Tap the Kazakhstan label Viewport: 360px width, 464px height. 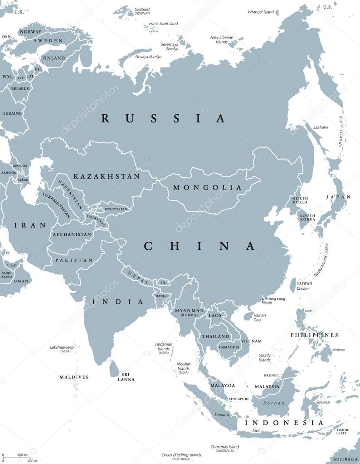(x=107, y=176)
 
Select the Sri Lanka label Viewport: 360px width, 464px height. (x=126, y=376)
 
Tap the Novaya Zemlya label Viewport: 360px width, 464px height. (x=148, y=56)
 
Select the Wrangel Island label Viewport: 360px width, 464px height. (x=261, y=12)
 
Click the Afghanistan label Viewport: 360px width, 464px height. (x=72, y=234)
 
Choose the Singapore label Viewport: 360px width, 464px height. (x=239, y=399)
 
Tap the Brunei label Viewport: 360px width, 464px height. (x=271, y=375)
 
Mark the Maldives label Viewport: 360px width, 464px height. (x=74, y=377)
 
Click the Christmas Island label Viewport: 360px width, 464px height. (x=224, y=447)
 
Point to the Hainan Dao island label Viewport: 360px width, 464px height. (x=259, y=317)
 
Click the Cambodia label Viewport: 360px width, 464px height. (x=229, y=347)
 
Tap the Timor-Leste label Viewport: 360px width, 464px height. (x=342, y=431)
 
